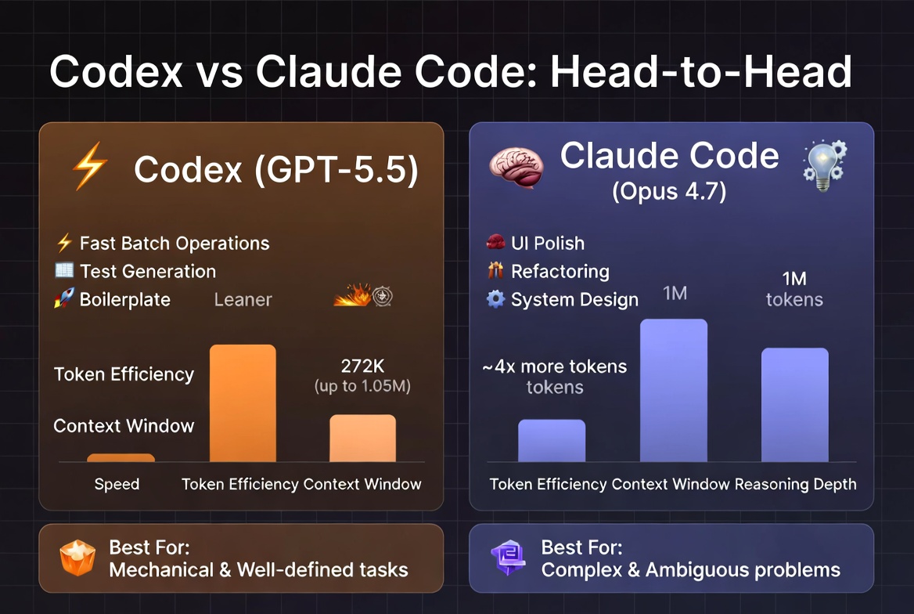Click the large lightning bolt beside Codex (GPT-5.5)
[90, 166]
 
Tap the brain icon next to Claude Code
[516, 167]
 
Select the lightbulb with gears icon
[825, 166]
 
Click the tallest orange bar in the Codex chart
[243, 403]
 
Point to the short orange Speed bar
[121, 458]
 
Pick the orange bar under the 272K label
[362, 439]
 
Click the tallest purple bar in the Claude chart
[674, 391]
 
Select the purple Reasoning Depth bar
[795, 405]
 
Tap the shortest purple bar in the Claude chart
[552, 441]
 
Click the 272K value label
[362, 366]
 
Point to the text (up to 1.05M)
[362, 386]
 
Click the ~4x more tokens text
[555, 367]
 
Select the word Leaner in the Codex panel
[243, 299]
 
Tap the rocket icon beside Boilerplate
[64, 298]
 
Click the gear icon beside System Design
[495, 299]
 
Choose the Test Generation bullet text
[148, 272]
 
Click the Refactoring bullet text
[560, 272]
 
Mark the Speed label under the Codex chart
[117, 485]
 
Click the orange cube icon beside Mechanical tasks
[77, 558]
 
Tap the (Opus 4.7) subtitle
[669, 191]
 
